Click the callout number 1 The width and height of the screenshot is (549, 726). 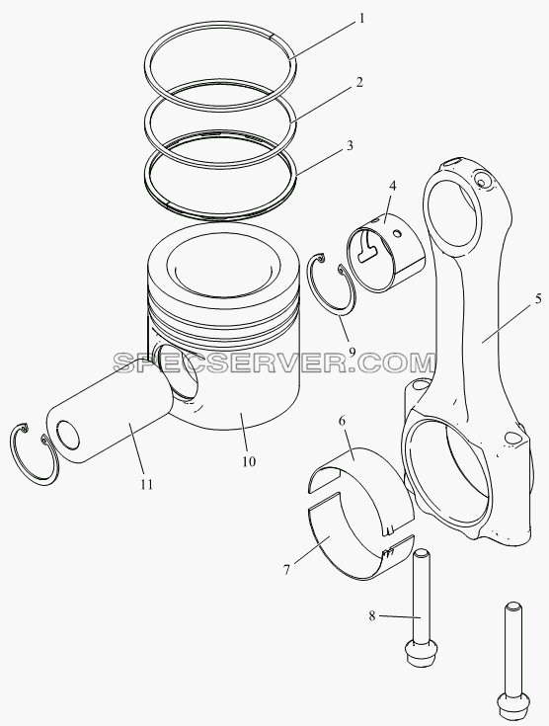[362, 19]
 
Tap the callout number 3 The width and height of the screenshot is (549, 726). [350, 145]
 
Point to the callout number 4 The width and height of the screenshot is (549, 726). [393, 186]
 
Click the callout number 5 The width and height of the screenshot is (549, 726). [538, 298]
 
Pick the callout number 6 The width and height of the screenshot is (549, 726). [342, 421]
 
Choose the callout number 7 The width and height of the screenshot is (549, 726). [286, 570]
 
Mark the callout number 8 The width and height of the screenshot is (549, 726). [372, 616]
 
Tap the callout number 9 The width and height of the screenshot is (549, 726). [352, 352]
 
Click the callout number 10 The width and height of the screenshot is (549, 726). [249, 461]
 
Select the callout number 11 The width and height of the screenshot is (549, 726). [147, 484]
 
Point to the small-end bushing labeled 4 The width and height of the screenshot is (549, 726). [386, 252]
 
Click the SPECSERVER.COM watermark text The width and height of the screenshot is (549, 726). [274, 363]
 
